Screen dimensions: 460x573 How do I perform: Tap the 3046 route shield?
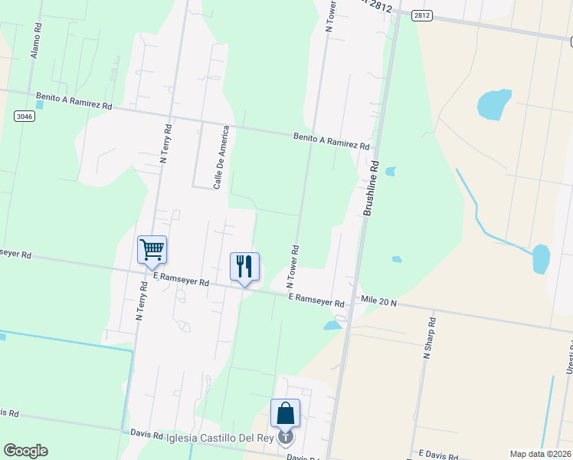[24, 115]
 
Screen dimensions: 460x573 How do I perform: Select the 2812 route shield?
[422, 15]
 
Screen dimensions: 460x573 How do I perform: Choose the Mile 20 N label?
[379, 303]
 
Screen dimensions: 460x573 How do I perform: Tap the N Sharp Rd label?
[428, 339]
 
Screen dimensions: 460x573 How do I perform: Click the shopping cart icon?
[152, 248]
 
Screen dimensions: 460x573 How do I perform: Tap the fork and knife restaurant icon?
[244, 266]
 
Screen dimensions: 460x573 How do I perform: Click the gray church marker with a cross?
[286, 437]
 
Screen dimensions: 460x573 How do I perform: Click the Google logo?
[25, 451]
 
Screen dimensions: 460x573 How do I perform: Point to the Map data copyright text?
[541, 454]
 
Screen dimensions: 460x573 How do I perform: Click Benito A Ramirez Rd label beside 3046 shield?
[74, 100]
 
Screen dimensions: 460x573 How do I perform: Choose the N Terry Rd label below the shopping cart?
[140, 299]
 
